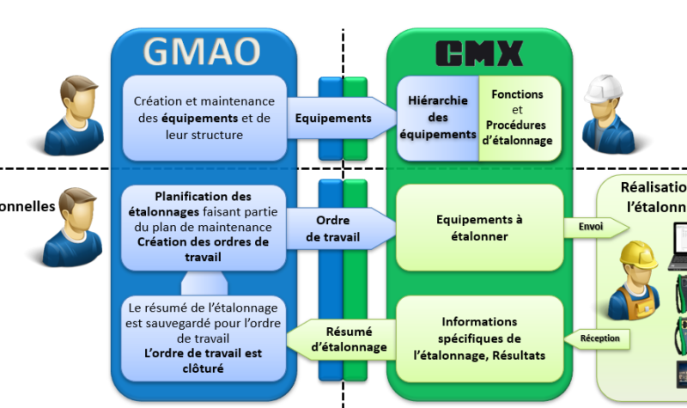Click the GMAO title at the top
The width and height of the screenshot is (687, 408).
(201, 51)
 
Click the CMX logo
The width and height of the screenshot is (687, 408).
(478, 53)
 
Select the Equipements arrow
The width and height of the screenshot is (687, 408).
(331, 118)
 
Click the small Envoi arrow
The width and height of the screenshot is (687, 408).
(590, 228)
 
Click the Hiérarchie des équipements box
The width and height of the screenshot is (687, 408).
(437, 118)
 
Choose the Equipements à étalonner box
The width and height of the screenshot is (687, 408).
(478, 228)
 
